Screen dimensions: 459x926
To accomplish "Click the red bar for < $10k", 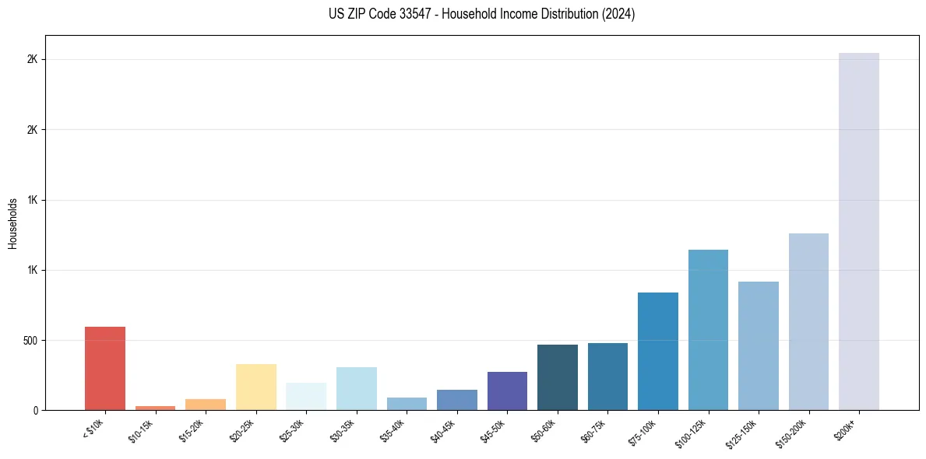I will [105, 368].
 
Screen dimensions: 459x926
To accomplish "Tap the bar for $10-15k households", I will [155, 408].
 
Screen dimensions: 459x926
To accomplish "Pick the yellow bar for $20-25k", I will [256, 387].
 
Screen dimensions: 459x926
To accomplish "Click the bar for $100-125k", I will [708, 330].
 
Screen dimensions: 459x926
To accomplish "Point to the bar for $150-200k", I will [808, 321].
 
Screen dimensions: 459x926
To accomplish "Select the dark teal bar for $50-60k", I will [558, 377].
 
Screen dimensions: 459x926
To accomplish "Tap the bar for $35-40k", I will [407, 404].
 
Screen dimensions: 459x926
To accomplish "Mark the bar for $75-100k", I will [658, 351].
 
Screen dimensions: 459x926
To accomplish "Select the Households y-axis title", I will [12, 223].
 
